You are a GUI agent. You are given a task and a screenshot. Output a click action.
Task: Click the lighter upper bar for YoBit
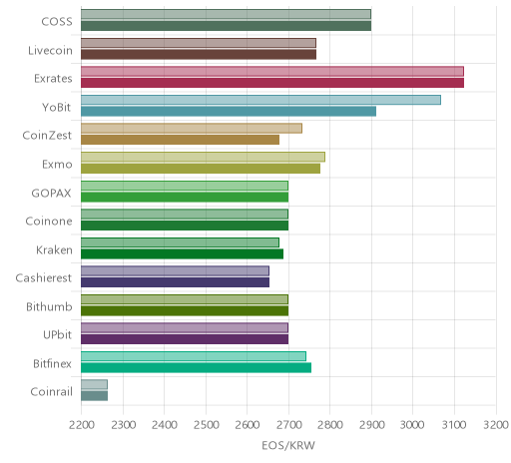click(x=260, y=100)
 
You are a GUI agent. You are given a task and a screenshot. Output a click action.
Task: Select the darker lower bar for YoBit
click(x=229, y=112)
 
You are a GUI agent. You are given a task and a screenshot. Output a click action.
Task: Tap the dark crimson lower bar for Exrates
click(x=272, y=83)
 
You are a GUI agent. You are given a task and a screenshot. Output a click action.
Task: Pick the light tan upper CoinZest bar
click(x=192, y=129)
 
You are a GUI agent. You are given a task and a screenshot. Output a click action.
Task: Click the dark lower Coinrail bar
click(x=94, y=396)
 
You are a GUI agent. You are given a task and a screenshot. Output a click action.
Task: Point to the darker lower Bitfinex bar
click(x=196, y=367)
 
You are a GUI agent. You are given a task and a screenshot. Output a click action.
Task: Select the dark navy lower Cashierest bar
click(x=175, y=282)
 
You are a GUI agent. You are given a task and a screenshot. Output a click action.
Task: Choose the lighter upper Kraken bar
click(x=180, y=242)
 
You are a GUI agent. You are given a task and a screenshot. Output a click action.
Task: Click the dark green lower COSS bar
click(x=226, y=26)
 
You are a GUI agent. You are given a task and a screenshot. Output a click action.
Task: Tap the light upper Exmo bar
click(x=203, y=157)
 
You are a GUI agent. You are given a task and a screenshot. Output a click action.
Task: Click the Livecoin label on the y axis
click(x=50, y=51)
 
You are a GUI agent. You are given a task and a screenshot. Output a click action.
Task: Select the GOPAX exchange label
click(x=51, y=194)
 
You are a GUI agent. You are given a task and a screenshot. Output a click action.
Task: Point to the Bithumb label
click(x=49, y=306)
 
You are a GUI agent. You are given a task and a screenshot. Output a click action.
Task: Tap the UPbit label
click(x=57, y=334)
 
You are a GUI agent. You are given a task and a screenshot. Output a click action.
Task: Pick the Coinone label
click(x=49, y=222)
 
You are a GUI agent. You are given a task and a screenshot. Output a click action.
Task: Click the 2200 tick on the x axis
click(x=82, y=425)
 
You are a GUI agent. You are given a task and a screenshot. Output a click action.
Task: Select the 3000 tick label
click(x=412, y=425)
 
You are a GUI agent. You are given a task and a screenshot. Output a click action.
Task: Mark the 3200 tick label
click(x=496, y=425)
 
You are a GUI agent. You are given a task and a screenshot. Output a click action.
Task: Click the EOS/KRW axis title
click(x=288, y=446)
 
